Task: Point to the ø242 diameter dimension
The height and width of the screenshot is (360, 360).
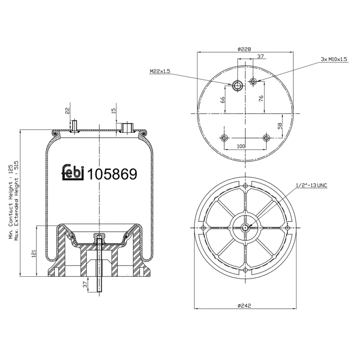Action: click(x=244, y=305)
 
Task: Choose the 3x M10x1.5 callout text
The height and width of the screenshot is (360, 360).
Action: click(x=334, y=59)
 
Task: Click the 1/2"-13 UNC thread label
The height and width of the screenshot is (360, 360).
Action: click(x=311, y=185)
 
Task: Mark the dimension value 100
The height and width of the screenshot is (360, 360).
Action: click(x=241, y=146)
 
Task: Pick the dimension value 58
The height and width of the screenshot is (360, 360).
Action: click(x=279, y=126)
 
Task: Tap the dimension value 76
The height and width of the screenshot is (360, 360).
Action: click(x=261, y=99)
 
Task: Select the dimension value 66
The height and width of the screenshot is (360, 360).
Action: click(x=222, y=99)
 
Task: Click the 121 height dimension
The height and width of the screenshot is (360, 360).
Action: click(x=33, y=254)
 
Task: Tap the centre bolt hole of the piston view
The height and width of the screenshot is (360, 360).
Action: click(x=245, y=227)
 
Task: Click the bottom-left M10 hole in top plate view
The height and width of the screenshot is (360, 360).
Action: click(x=224, y=138)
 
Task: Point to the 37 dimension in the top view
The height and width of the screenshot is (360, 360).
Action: click(x=260, y=56)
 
